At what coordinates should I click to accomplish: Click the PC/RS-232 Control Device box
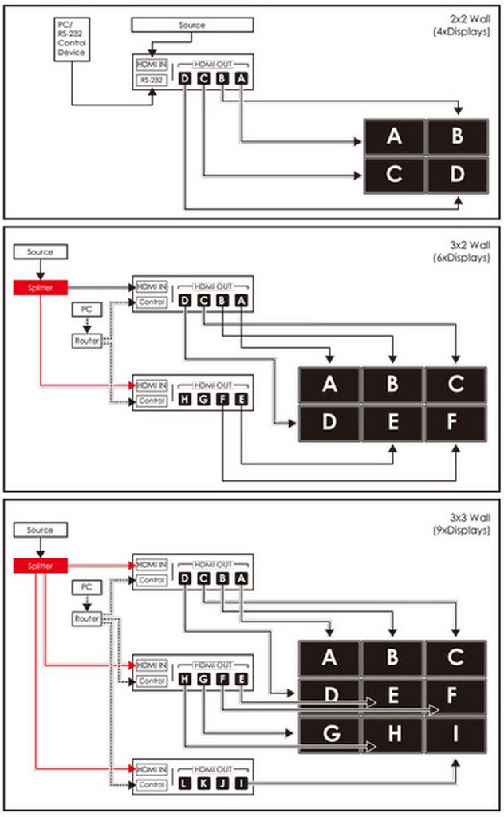click(72, 39)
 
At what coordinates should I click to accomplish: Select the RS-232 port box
click(152, 81)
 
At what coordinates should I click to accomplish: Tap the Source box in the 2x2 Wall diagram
click(192, 25)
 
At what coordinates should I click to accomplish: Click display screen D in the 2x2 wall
click(457, 174)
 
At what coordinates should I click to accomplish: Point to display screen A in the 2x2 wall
click(394, 136)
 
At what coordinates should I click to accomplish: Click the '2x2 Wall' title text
click(471, 19)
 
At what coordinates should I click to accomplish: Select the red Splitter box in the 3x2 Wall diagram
click(40, 287)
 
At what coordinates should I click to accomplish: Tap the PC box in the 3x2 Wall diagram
click(86, 310)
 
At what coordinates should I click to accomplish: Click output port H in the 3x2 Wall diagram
click(185, 400)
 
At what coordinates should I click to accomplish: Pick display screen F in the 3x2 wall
click(455, 423)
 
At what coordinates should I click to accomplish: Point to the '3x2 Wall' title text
click(471, 245)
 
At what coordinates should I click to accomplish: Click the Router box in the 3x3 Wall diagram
click(86, 618)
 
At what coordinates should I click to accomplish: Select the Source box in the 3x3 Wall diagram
click(40, 530)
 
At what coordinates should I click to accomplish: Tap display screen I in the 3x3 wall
click(455, 734)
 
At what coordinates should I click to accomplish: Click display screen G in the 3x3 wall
click(329, 734)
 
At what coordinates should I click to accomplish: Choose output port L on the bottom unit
click(185, 783)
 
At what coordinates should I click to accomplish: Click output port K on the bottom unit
click(203, 783)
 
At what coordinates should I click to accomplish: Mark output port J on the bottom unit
click(222, 783)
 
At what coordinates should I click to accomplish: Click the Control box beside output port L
click(152, 785)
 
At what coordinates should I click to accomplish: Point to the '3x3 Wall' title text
click(471, 517)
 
